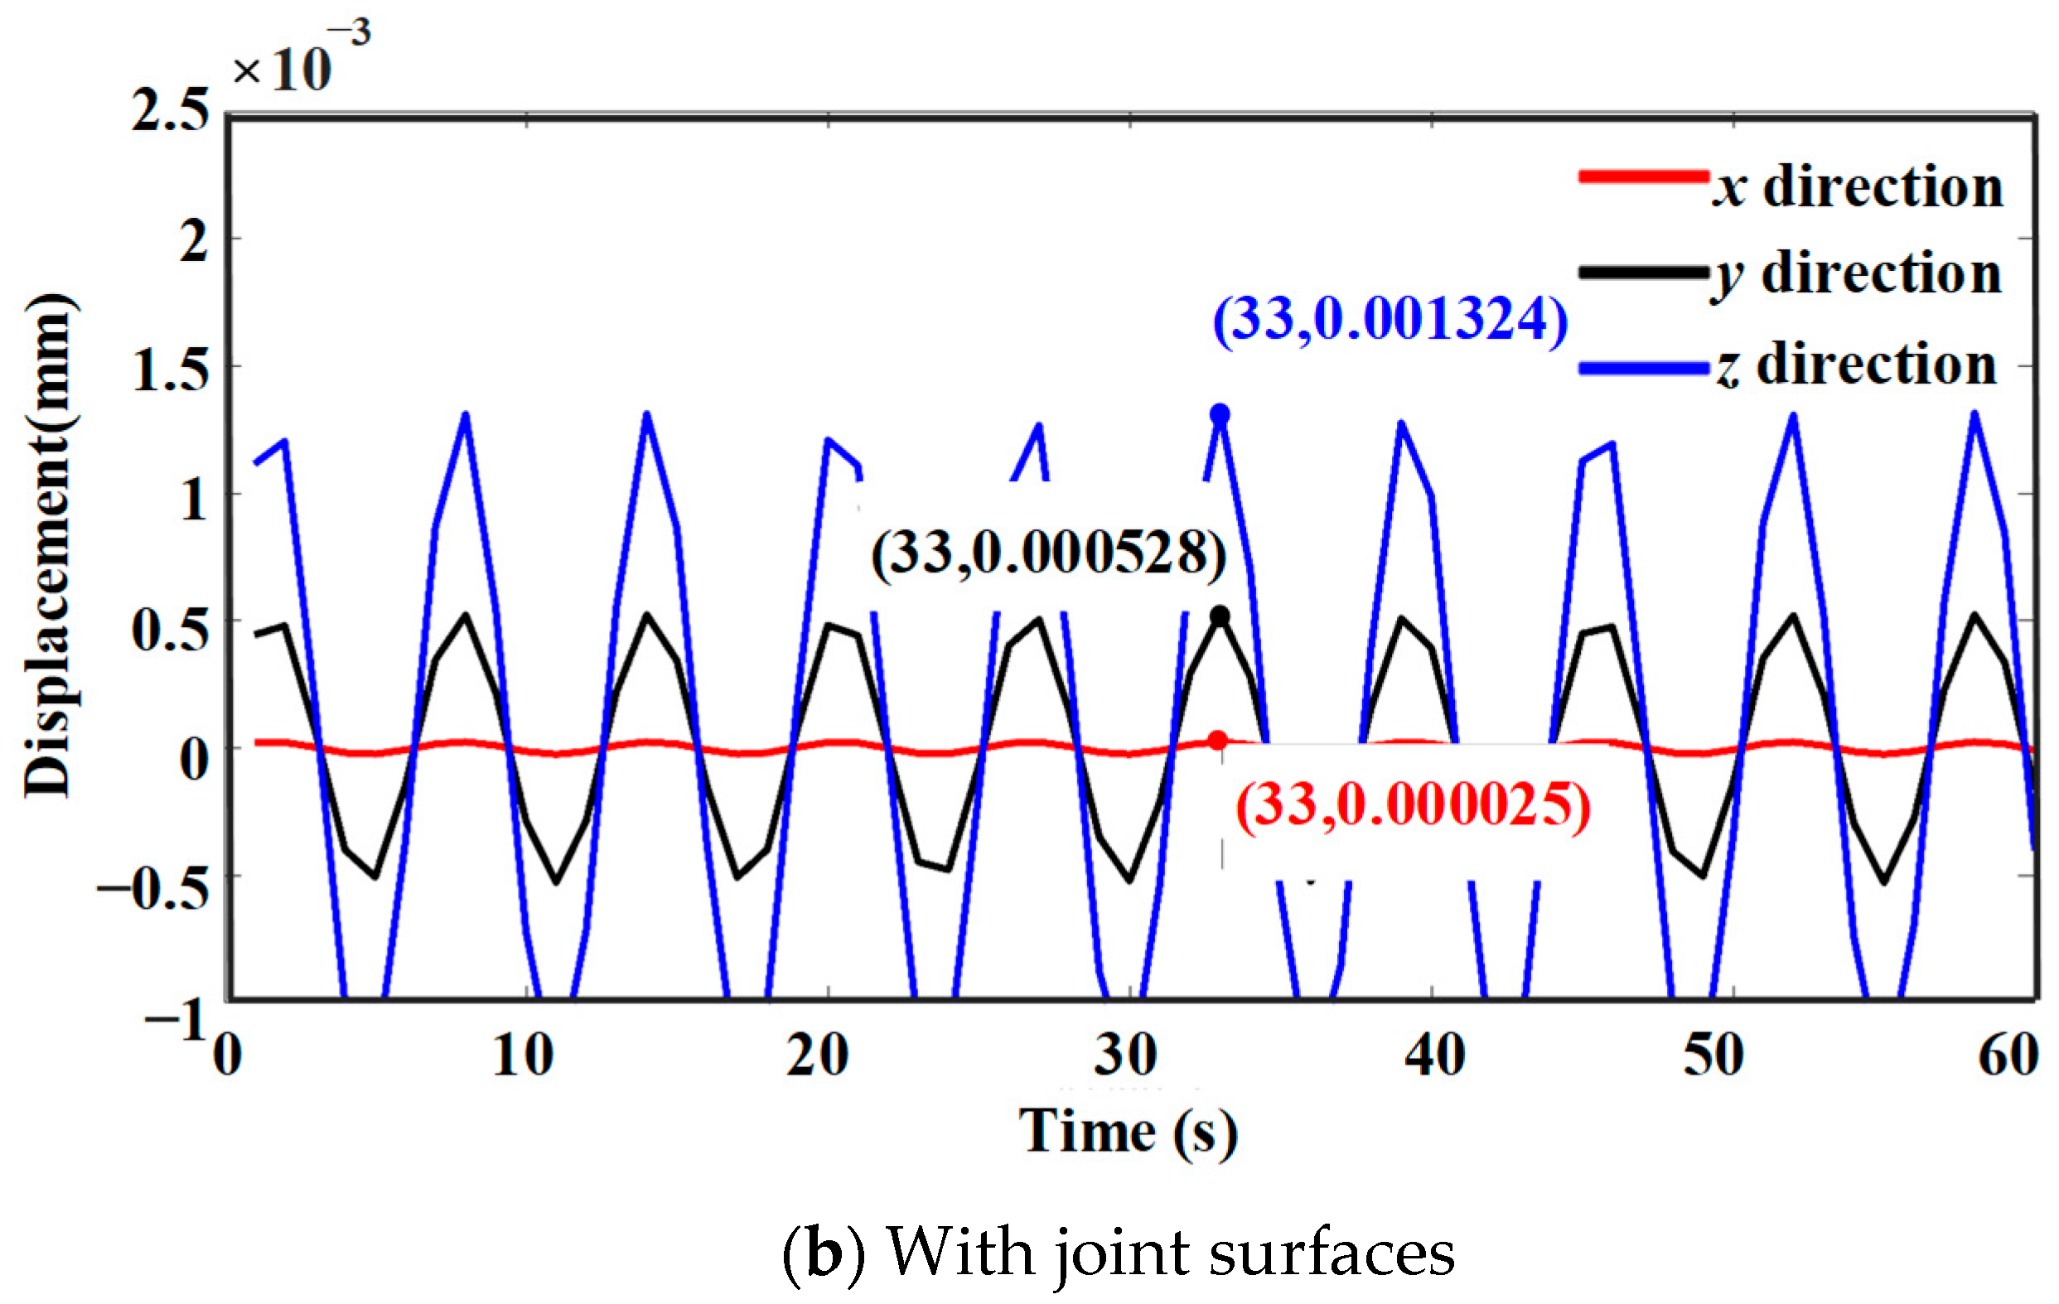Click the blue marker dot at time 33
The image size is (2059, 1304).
[1220, 415]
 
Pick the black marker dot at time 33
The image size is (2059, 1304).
[1220, 616]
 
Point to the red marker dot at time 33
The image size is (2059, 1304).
[1218, 740]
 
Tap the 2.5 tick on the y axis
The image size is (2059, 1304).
[170, 111]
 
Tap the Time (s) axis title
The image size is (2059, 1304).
[1128, 1132]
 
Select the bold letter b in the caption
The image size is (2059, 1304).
[824, 1253]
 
